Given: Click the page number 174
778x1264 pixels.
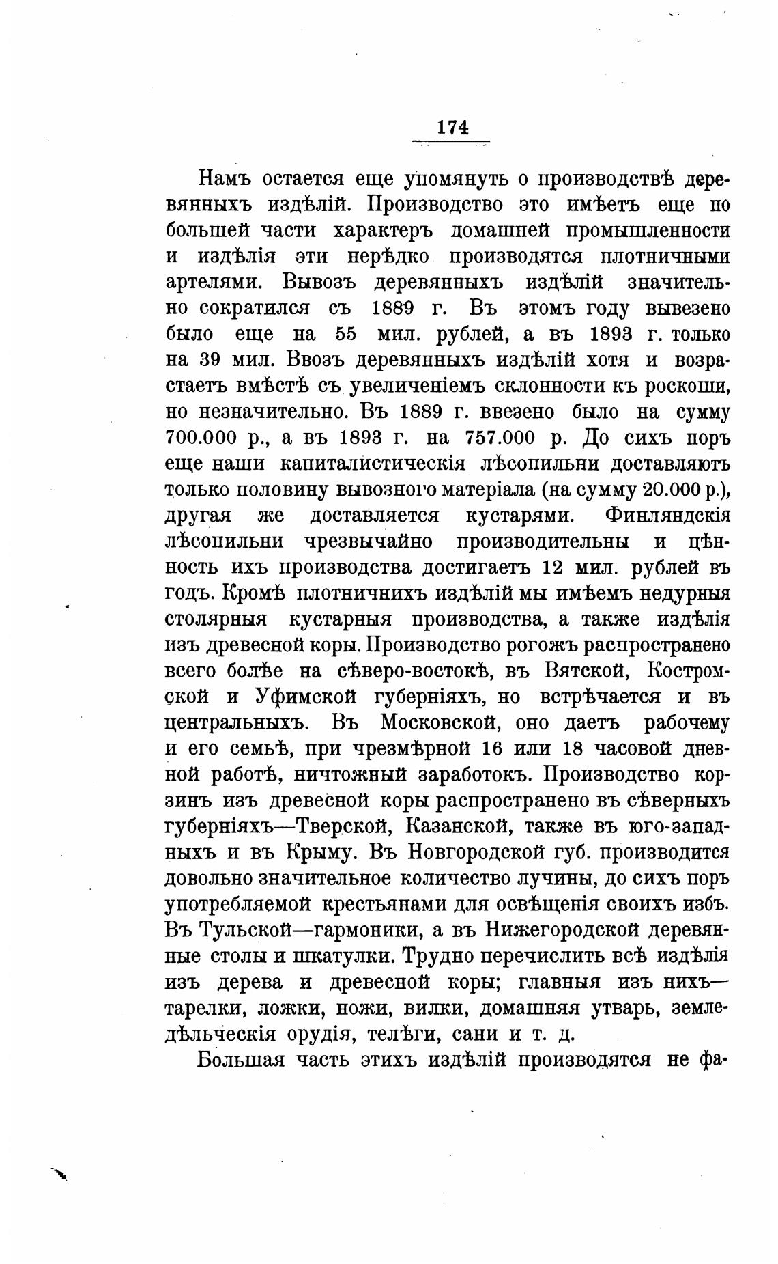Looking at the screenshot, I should click(452, 127).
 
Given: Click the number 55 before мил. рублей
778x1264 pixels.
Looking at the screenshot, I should click(347, 335).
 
